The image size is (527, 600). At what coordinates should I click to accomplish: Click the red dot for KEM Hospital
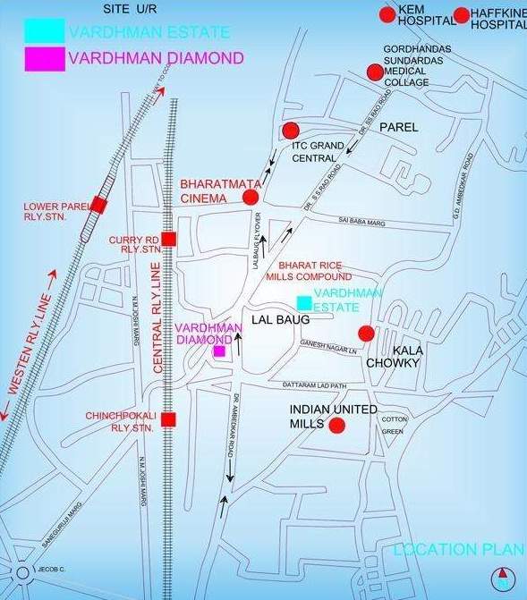coord(387,14)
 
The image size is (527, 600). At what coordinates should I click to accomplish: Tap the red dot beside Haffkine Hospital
coord(462,14)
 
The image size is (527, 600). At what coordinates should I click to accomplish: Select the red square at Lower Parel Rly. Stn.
coord(99,206)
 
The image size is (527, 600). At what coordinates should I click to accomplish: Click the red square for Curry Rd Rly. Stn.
coord(168,239)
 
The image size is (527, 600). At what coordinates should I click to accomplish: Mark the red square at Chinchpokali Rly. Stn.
coord(168,419)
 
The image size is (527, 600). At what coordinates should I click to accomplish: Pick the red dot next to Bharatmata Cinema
coord(251,198)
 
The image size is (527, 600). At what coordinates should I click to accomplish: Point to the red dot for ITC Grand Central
coord(289,131)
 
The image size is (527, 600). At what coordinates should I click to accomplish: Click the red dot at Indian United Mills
coord(336,425)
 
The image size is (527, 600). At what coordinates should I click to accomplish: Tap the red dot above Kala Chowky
coord(365,334)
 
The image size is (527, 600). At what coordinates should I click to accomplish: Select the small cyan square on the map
coord(304,302)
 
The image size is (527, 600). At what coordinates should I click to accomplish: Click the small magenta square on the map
coord(219,351)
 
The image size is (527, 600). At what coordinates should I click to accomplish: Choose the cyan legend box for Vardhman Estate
coord(44,30)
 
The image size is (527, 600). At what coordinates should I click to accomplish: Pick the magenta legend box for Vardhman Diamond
coord(44,58)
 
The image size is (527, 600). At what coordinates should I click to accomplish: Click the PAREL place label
coord(398,128)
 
